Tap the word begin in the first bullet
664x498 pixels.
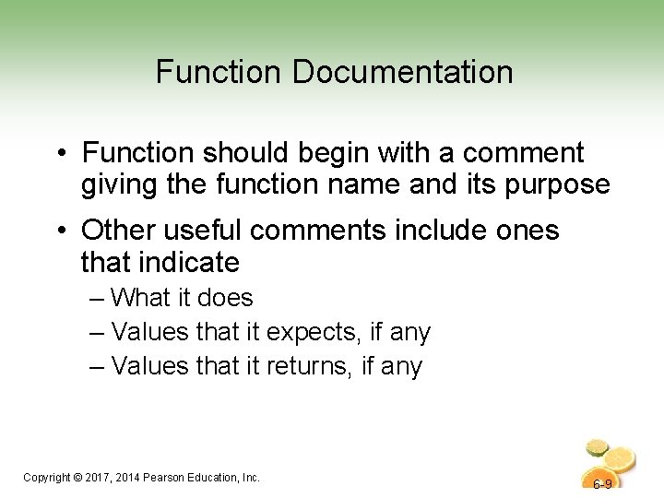350,152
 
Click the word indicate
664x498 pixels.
191,263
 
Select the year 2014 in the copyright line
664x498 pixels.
131,477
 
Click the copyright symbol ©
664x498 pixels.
76,477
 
